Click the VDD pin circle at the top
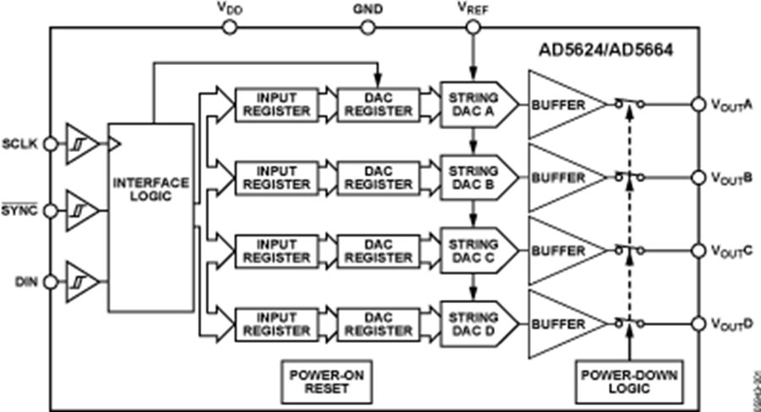(x=227, y=27)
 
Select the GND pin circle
(x=368, y=27)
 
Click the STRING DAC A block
(x=475, y=104)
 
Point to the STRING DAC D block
(x=475, y=323)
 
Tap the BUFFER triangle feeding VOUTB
(x=562, y=177)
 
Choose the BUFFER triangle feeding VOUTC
(x=562, y=251)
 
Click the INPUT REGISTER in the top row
(x=271, y=104)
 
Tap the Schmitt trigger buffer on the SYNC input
(x=79, y=210)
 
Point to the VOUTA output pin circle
(x=698, y=104)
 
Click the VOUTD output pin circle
(x=698, y=323)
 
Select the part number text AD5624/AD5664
(x=606, y=50)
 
